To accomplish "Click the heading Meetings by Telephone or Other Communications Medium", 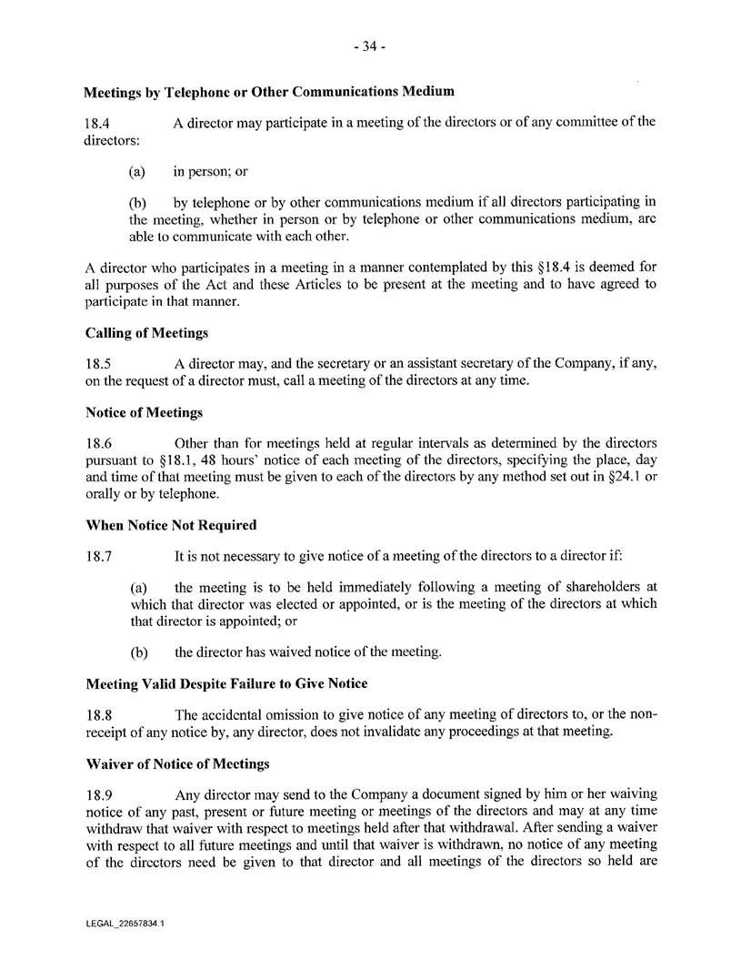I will [269, 92].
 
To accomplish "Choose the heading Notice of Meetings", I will [143, 413].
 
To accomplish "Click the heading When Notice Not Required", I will [171, 525].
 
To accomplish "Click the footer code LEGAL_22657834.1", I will [125, 923].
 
